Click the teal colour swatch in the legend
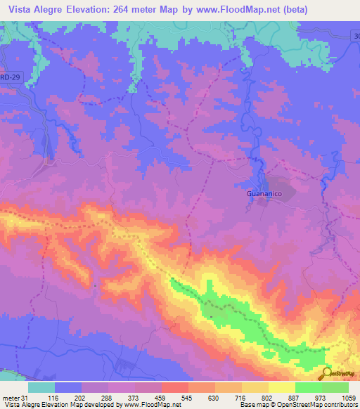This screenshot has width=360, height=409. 41,387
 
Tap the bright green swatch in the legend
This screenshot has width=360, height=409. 309,387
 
